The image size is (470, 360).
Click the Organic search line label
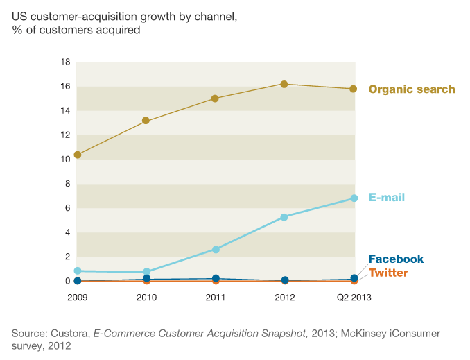coord(411,89)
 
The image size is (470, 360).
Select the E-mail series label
coord(386,198)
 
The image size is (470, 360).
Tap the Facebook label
coord(395,259)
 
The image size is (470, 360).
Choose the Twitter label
coord(388,273)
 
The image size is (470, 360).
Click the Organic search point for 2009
coord(78,155)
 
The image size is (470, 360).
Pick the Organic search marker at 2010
coord(146,121)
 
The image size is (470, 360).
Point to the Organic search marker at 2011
coord(215,98)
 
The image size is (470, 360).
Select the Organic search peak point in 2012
coord(284,84)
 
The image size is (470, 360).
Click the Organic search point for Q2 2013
coord(353,89)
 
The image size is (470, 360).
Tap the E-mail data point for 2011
coord(215,249)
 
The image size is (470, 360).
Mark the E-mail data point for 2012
coord(284,217)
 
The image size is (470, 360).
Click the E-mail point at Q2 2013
coord(353,198)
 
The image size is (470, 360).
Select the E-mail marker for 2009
coord(78,271)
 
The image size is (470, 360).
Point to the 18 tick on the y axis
coord(66,62)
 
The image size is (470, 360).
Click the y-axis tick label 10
coord(66,160)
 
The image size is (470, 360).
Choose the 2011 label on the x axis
coord(215,297)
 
